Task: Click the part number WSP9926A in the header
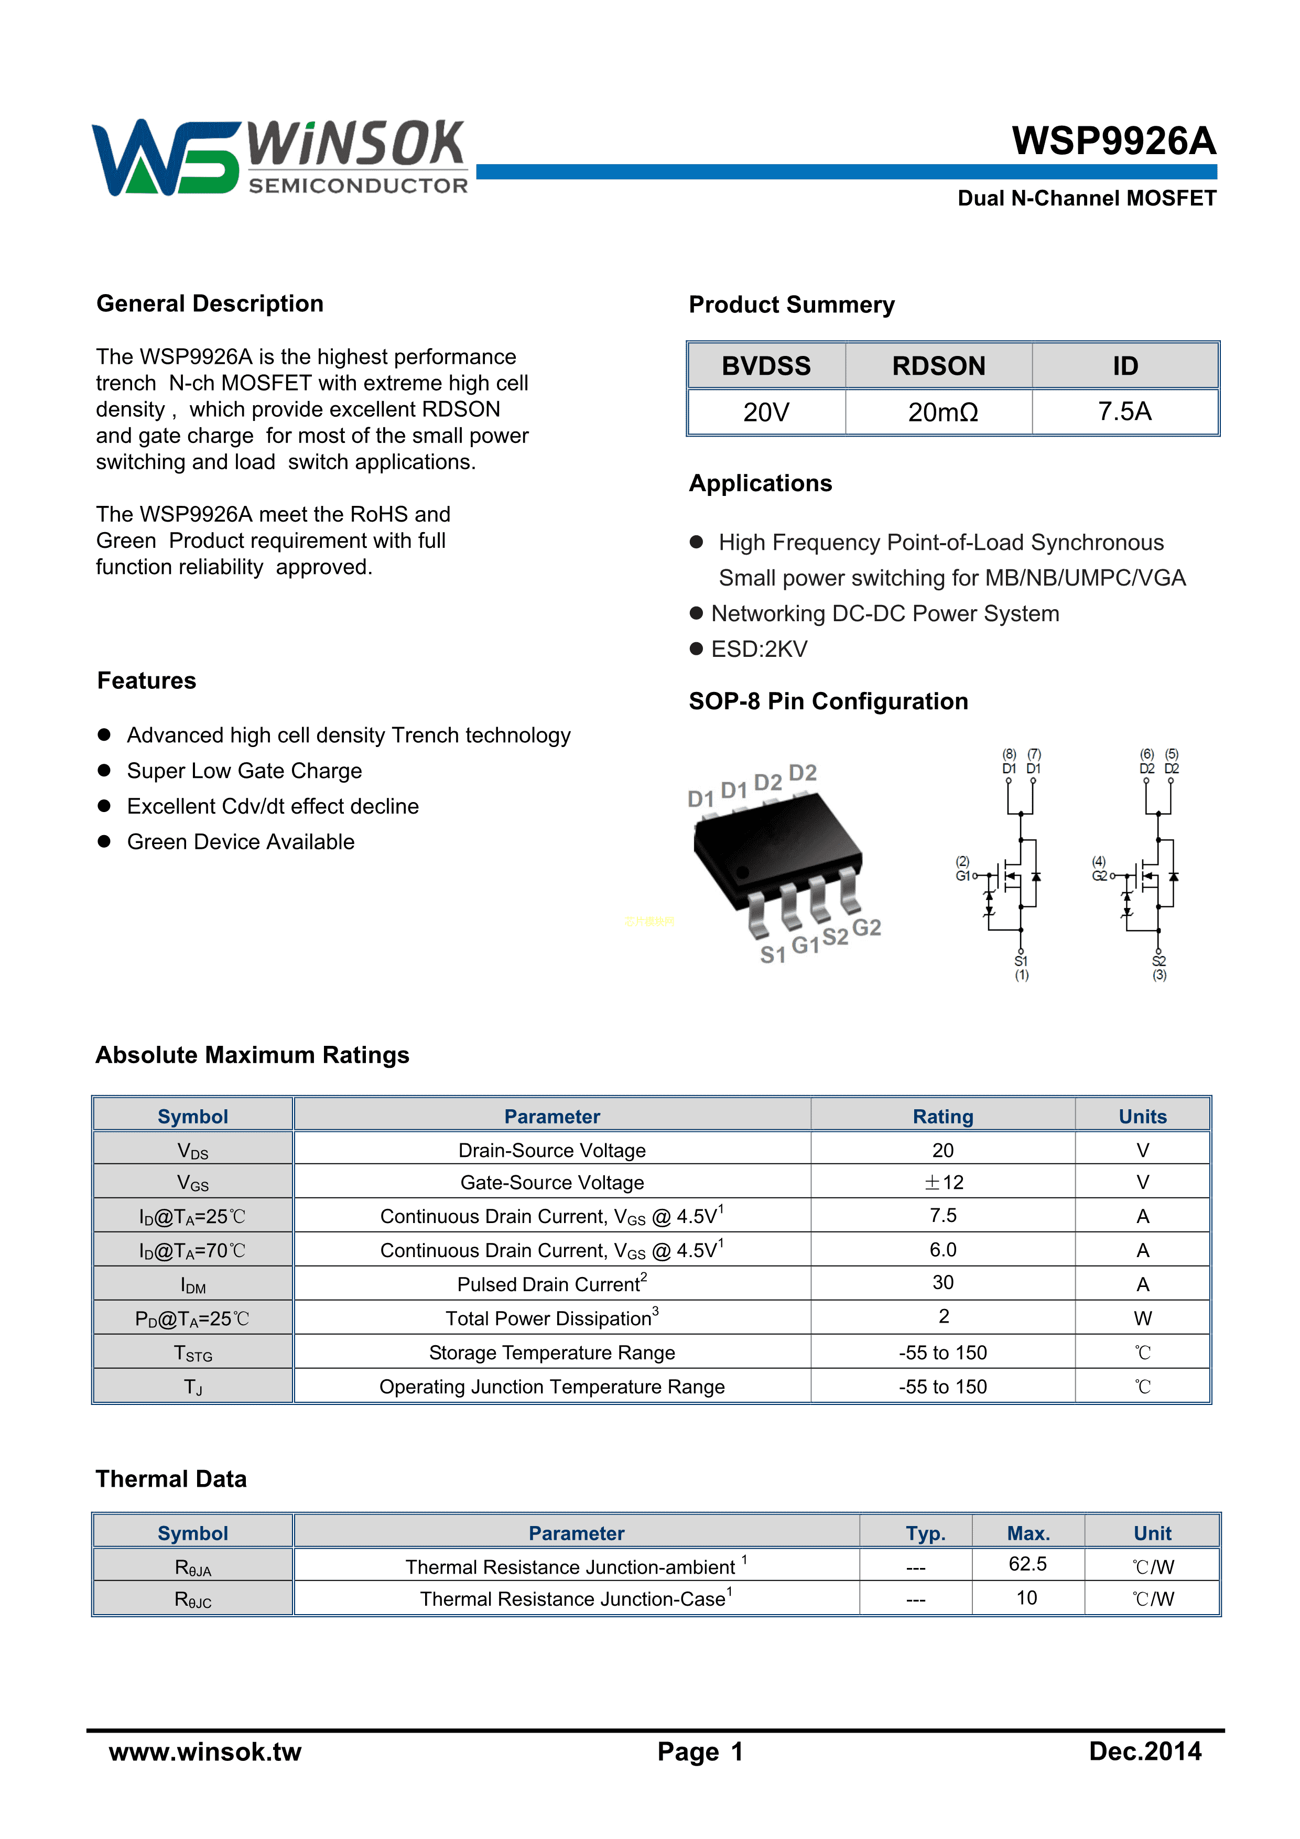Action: pyautogui.click(x=1113, y=141)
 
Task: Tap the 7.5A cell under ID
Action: pyautogui.click(x=1124, y=412)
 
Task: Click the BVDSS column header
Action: pyautogui.click(x=766, y=366)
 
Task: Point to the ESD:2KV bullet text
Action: pyautogui.click(x=760, y=649)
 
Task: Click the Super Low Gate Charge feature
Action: pyautogui.click(x=244, y=771)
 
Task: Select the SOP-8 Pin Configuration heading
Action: pyautogui.click(x=828, y=701)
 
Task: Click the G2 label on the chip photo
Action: pyautogui.click(x=866, y=927)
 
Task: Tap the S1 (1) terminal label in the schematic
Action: pyautogui.click(x=1021, y=968)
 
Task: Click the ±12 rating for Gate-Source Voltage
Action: pyautogui.click(x=942, y=1182)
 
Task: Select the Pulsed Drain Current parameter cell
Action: pyautogui.click(x=552, y=1284)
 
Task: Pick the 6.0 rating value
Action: pyautogui.click(x=942, y=1249)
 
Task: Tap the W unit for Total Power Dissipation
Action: pyautogui.click(x=1142, y=1318)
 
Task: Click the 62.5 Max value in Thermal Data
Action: pyautogui.click(x=1027, y=1564)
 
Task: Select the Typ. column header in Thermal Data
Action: pyautogui.click(x=925, y=1533)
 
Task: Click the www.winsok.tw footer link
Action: pyautogui.click(x=205, y=1751)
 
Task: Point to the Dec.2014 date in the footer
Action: pyautogui.click(x=1145, y=1751)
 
